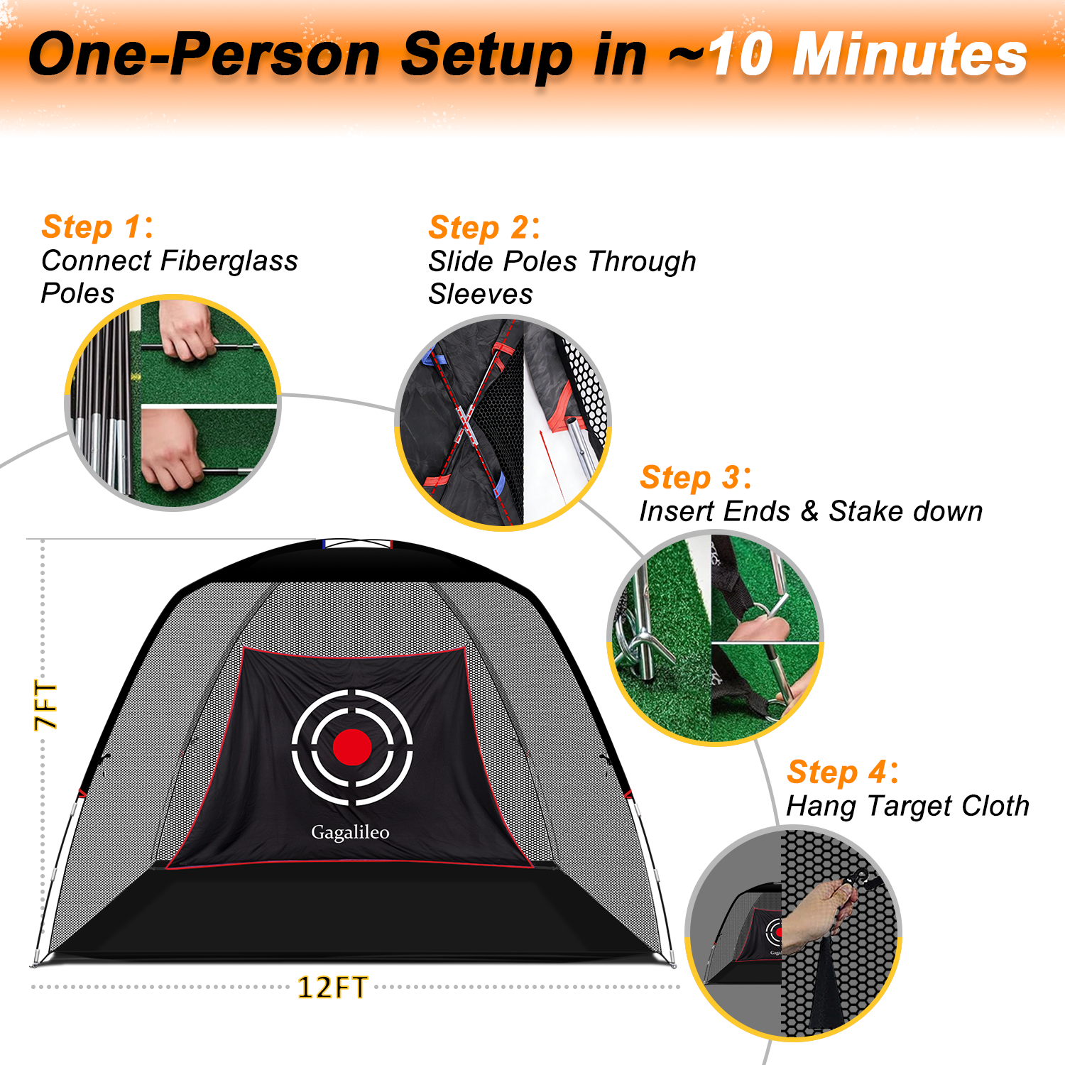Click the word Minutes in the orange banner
point(910,55)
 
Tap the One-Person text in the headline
point(204,55)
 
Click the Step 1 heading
point(97,227)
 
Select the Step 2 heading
point(484,228)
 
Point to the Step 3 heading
point(696,477)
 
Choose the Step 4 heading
point(843,772)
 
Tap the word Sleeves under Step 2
point(481,294)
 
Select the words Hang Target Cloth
point(908,807)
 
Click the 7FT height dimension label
point(45,705)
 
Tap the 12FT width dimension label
point(332,988)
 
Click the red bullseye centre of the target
point(352,747)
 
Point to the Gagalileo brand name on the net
point(350,832)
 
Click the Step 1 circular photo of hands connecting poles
point(173,403)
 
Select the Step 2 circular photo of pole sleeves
point(503,423)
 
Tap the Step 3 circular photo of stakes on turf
point(716,638)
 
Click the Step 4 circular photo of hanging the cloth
point(793,934)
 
